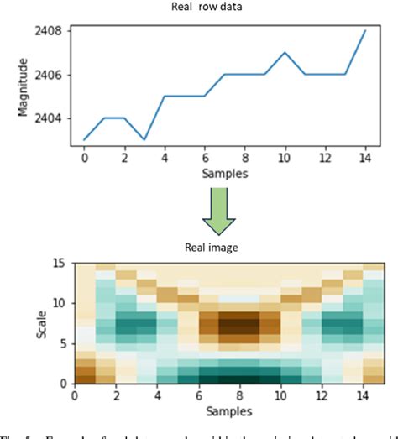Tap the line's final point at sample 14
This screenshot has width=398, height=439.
pyautogui.click(x=364, y=31)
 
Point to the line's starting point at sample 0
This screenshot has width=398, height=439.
pyautogui.click(x=84, y=139)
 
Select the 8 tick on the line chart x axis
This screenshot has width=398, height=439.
pyautogui.click(x=244, y=158)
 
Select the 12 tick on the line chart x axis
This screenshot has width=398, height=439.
pyautogui.click(x=324, y=158)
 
